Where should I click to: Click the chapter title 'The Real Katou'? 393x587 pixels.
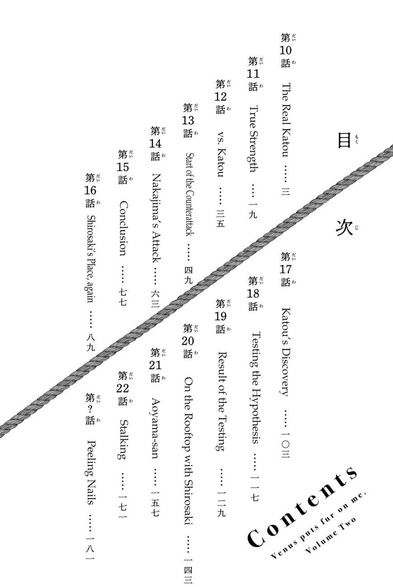(x=286, y=120)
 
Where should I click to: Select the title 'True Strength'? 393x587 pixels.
(x=253, y=139)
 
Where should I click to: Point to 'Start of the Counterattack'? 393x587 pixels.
(x=189, y=194)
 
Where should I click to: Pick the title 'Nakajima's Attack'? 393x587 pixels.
(x=156, y=218)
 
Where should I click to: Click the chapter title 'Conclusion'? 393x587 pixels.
(x=123, y=228)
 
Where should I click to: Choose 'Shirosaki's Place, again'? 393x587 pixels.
(x=90, y=259)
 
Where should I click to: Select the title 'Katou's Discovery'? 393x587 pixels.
(x=286, y=352)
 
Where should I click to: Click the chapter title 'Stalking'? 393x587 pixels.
(x=123, y=439)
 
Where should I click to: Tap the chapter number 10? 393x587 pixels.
(x=286, y=50)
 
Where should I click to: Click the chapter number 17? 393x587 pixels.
(x=286, y=269)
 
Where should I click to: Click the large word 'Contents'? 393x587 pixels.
(x=302, y=508)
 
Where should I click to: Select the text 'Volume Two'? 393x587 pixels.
(x=330, y=536)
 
